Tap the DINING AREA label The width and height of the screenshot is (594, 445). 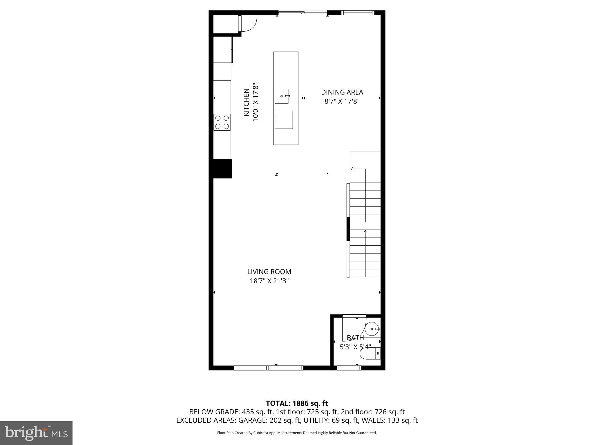tap(342, 92)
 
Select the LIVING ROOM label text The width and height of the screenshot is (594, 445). tap(269, 272)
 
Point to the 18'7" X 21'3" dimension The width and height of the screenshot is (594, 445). tap(269, 281)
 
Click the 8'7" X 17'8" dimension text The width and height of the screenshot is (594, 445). tap(342, 101)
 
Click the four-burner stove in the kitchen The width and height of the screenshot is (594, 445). tap(222, 122)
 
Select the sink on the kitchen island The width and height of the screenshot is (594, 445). tap(282, 96)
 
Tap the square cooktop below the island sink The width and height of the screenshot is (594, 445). tap(284, 120)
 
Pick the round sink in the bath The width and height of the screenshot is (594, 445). tap(372, 329)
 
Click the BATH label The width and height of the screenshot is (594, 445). tap(355, 338)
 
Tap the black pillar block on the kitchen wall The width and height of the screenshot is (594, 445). tap(222, 168)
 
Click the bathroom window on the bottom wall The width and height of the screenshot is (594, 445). tap(349, 368)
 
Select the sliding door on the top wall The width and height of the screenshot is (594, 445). tap(303, 13)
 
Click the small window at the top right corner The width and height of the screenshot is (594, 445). tap(358, 12)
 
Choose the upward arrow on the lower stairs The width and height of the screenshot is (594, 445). tap(365, 232)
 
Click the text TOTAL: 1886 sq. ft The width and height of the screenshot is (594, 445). tap(297, 403)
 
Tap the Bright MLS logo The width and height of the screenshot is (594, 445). tap(36, 433)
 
